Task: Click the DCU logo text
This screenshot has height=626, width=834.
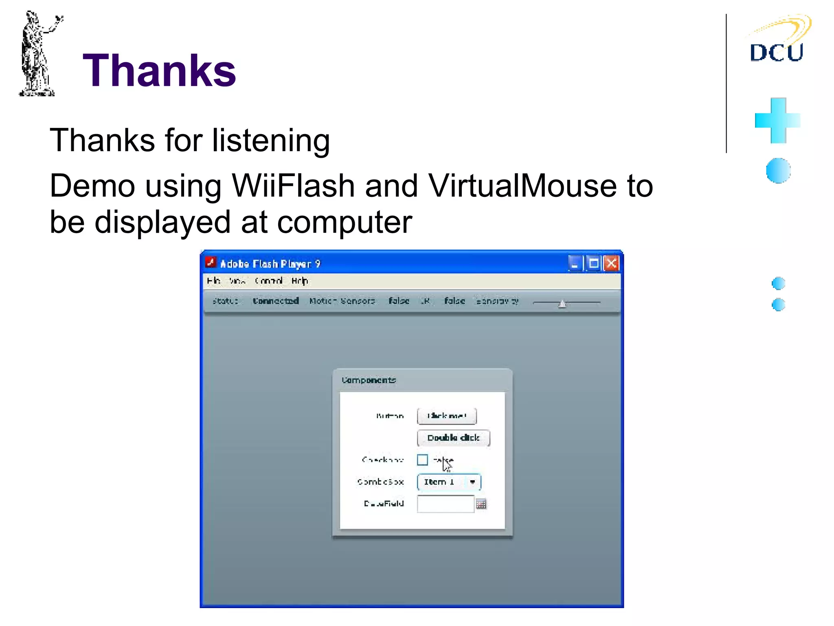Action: (x=776, y=53)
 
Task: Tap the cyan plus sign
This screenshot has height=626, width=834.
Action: (x=778, y=121)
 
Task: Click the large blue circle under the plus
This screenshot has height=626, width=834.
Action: (x=778, y=170)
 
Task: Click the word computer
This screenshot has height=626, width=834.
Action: (x=345, y=223)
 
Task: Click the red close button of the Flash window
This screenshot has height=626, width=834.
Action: (x=611, y=264)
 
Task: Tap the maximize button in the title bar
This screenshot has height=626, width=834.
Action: (x=594, y=264)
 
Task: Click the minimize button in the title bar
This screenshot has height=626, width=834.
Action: (x=575, y=264)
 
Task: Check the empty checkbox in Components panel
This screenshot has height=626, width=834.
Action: (x=422, y=460)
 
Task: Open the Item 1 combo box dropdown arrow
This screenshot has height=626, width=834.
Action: (x=472, y=482)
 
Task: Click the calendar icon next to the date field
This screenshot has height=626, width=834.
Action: (x=481, y=504)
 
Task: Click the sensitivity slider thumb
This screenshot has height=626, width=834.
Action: (x=562, y=304)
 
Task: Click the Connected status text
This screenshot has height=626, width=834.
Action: (x=276, y=301)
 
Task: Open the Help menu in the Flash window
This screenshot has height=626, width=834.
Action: (x=299, y=281)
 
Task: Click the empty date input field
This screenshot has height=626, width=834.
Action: (x=446, y=504)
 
